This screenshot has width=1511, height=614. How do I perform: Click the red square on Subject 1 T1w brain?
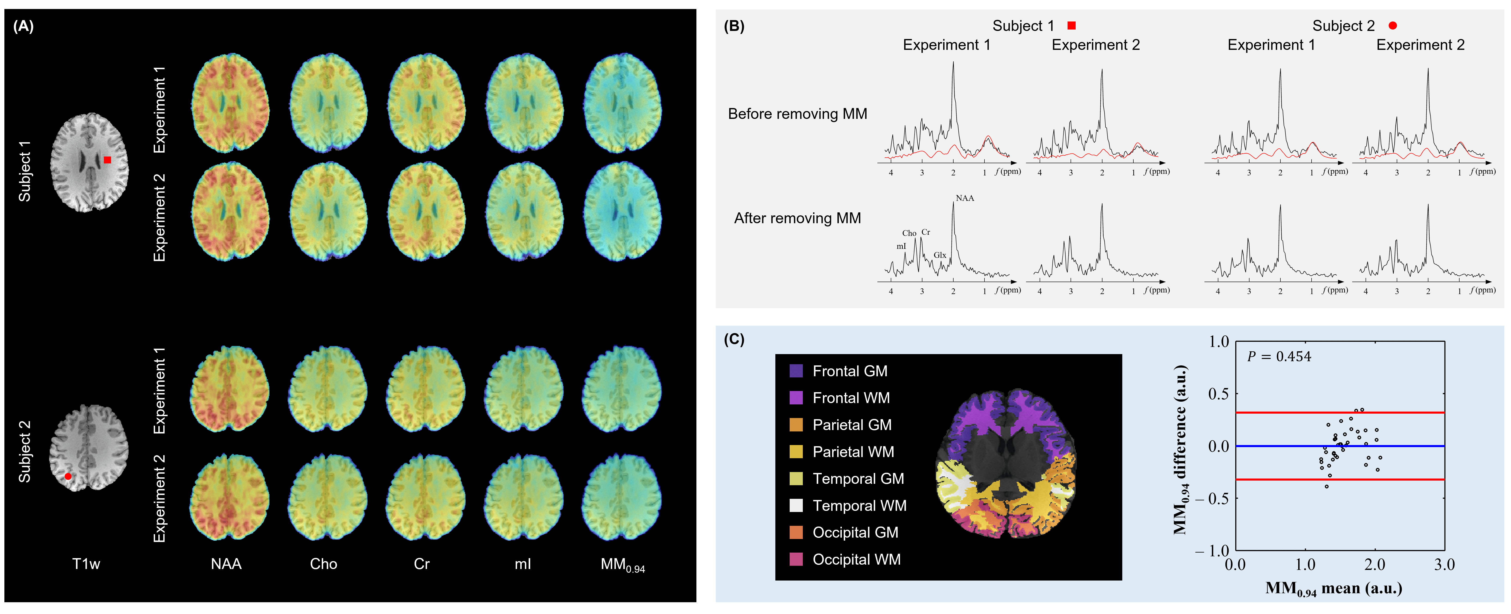107,160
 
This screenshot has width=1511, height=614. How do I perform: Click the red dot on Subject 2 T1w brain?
68,476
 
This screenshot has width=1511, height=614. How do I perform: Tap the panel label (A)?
24,26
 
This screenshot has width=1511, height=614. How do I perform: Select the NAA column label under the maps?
226,564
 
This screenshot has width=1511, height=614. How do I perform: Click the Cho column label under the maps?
324,564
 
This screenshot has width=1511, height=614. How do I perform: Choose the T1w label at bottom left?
86,564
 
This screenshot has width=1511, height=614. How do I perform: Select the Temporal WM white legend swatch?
796,506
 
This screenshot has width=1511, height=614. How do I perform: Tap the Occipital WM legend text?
856,560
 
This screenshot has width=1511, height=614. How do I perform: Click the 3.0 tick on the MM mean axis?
1444,565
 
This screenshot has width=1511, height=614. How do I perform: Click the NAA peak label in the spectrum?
965,198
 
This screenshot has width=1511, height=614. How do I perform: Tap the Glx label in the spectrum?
940,255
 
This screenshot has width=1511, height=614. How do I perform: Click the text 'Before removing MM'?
797,114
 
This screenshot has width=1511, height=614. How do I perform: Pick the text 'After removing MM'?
797,218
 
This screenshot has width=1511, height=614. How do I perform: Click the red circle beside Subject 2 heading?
1393,26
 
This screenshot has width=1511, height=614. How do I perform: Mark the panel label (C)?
734,340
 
